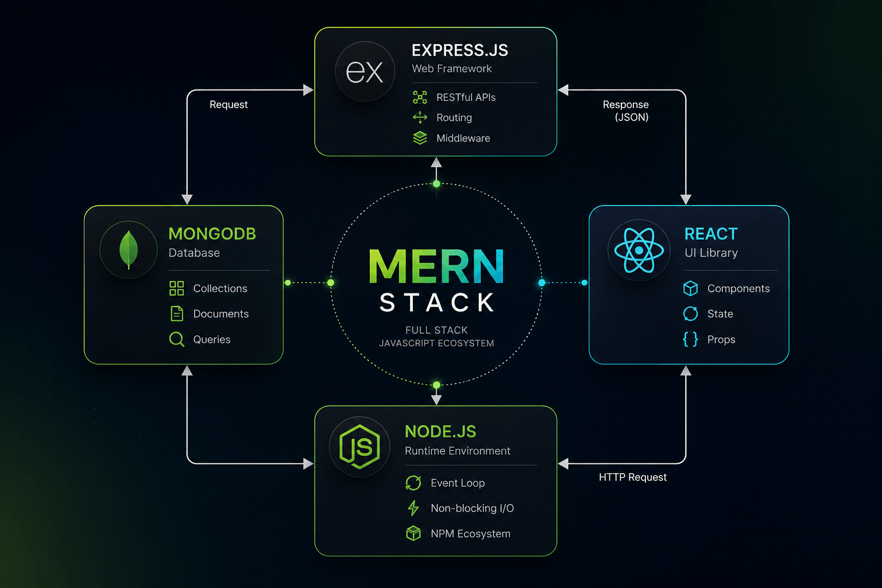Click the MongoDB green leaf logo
point(129,250)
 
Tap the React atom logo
point(639,250)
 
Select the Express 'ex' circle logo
point(365,71)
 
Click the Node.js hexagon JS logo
point(359,447)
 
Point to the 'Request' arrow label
point(229,105)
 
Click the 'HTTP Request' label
point(632,477)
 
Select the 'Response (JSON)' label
point(626,111)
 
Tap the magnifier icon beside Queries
point(177,339)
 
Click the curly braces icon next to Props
point(690,339)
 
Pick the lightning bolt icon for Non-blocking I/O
point(413,508)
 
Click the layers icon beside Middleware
point(420,138)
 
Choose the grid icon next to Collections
point(176,288)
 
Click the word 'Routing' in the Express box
point(454,117)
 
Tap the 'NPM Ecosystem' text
point(470,533)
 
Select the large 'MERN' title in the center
point(436,266)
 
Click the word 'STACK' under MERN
point(436,303)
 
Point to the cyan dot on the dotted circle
point(542,283)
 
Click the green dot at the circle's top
point(436,184)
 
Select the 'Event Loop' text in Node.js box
point(458,483)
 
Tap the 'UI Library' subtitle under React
point(711,253)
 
